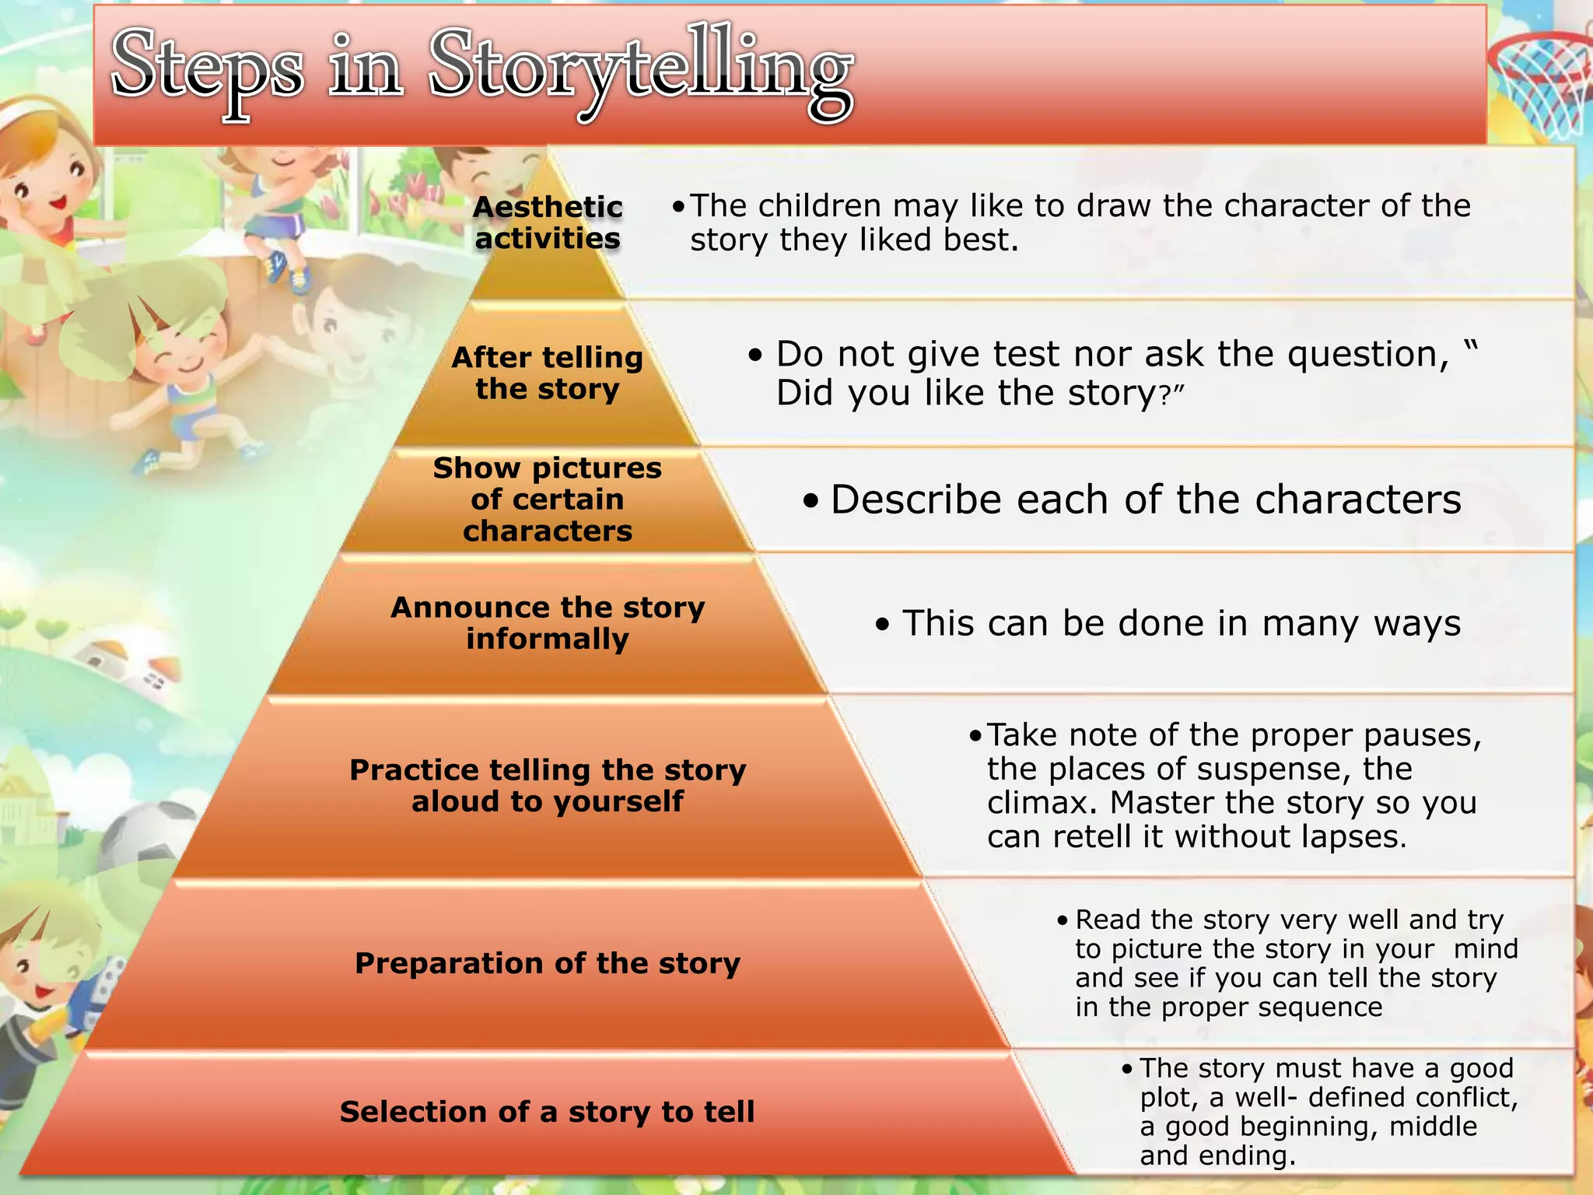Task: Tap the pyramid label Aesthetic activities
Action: tap(548, 223)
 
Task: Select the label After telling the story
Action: tap(548, 373)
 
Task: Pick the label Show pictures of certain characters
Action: tap(548, 499)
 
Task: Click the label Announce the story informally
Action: tap(548, 622)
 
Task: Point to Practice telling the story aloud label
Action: tap(548, 785)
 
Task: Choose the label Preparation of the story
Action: tap(548, 963)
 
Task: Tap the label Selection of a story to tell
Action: tap(548, 1112)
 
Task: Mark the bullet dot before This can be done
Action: tap(882, 625)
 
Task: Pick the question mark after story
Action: tap(1165, 395)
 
